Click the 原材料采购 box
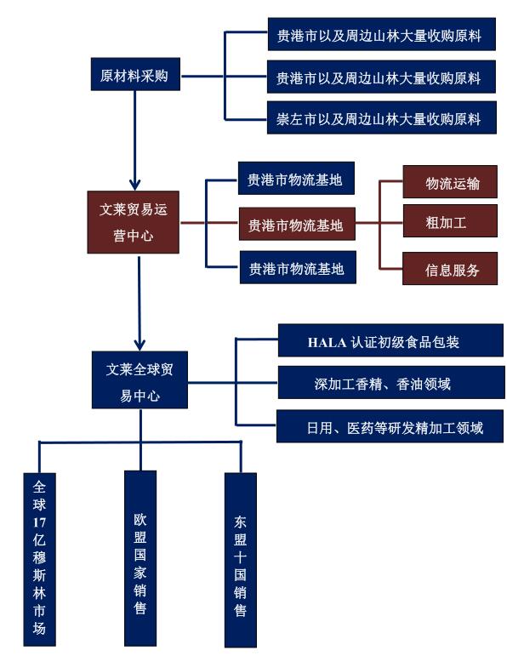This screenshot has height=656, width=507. [135, 75]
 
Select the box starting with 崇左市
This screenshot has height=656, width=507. [381, 118]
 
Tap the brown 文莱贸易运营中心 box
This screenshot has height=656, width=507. [133, 222]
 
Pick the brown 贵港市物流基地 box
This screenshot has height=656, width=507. [297, 224]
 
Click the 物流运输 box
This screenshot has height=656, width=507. [450, 181]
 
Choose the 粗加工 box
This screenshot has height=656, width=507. [450, 221]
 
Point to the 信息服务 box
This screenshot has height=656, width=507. [450, 269]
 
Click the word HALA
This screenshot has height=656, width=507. [327, 343]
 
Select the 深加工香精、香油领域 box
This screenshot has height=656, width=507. [391, 382]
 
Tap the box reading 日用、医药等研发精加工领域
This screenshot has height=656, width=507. [390, 426]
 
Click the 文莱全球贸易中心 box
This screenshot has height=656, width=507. [140, 379]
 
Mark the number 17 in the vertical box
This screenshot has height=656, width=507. [39, 522]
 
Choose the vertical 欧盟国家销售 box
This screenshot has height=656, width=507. [140, 558]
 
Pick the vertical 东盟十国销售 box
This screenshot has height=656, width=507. [241, 560]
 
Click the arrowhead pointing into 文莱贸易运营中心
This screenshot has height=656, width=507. [134, 184]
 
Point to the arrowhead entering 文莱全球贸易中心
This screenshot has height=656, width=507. [140, 344]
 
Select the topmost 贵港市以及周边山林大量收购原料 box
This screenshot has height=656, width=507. [381, 34]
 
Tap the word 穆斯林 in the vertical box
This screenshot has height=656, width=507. [39, 575]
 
